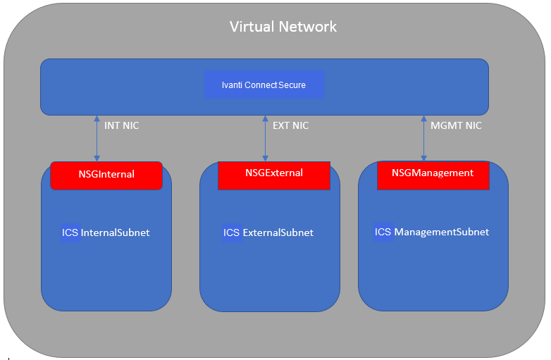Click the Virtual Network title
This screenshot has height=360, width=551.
283,27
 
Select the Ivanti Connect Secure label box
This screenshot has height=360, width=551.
264,85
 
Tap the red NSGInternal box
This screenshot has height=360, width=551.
106,175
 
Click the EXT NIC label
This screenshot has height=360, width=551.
290,126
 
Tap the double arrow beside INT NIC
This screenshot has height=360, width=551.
97,138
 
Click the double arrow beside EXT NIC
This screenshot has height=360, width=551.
265,138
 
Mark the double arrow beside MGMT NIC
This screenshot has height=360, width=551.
423,138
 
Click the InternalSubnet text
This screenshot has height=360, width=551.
116,232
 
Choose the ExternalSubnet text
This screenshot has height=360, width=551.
278,232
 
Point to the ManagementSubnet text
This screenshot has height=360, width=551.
442,232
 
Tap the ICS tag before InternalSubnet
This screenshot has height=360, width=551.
70,232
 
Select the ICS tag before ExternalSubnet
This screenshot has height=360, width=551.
232,232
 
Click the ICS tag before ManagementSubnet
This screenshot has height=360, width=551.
383,232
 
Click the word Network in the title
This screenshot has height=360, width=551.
308,27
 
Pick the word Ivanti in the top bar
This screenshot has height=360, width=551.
232,85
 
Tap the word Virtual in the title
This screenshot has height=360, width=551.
252,27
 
